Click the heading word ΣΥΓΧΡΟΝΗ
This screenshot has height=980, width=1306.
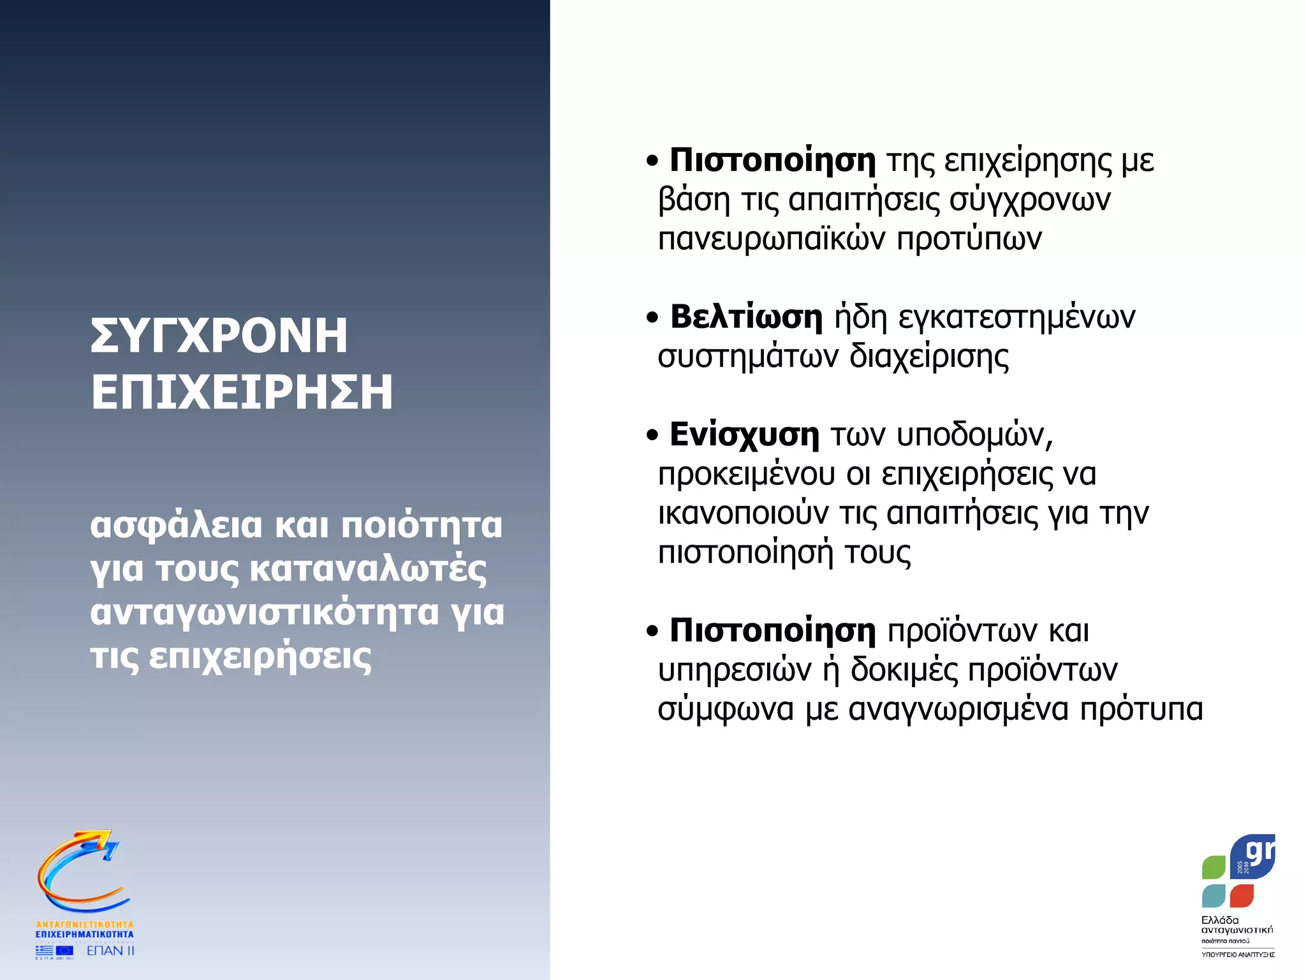tap(219, 336)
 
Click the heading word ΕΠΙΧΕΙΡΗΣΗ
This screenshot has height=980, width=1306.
tap(242, 392)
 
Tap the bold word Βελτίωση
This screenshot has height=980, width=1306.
tap(746, 316)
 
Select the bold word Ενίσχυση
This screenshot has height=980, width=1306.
tap(744, 434)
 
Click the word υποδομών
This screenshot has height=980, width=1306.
tap(974, 435)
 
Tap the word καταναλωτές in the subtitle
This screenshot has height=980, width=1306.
tap(368, 569)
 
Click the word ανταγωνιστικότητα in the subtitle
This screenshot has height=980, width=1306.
tap(265, 612)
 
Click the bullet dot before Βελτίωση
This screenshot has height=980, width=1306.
tap(652, 317)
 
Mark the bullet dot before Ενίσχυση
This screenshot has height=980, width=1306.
tap(652, 435)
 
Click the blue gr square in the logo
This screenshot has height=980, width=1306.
tap(1254, 856)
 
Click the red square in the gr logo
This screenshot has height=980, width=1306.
tap(1242, 895)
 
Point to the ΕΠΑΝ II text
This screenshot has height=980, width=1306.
tap(110, 951)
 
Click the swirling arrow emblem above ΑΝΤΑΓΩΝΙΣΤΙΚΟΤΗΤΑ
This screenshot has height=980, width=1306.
tap(82, 872)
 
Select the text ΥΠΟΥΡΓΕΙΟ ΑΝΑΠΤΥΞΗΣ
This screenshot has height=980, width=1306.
tap(1238, 954)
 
